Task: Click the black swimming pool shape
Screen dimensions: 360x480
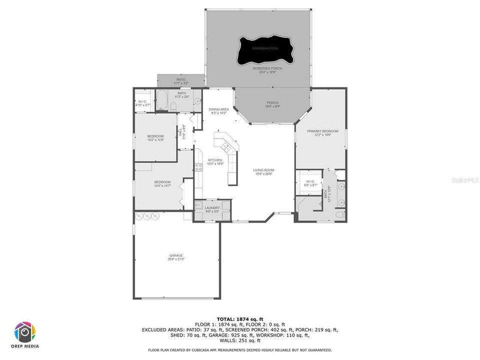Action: click(x=265, y=50)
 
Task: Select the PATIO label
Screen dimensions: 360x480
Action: click(x=180, y=79)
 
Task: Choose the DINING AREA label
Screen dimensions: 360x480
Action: click(x=218, y=109)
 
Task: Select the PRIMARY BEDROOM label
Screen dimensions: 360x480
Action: click(x=326, y=131)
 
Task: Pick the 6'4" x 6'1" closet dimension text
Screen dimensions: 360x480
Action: click(x=310, y=185)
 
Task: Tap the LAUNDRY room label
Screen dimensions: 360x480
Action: click(x=212, y=208)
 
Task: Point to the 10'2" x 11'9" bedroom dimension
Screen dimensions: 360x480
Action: click(x=155, y=140)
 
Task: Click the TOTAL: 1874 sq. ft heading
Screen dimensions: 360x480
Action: click(x=240, y=318)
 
